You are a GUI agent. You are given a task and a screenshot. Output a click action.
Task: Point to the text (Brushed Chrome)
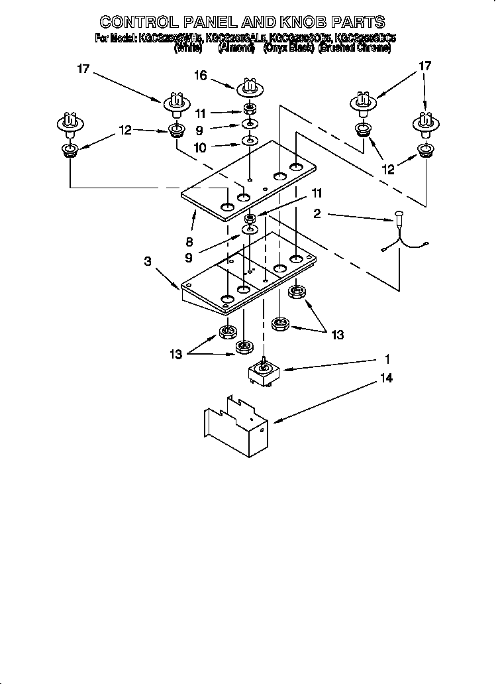tap(355, 48)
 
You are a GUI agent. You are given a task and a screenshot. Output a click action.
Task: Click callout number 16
tap(201, 76)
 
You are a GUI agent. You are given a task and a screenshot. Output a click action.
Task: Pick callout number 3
tap(148, 261)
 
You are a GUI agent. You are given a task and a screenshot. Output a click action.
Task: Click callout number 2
tap(317, 213)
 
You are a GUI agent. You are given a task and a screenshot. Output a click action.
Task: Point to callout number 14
tap(387, 378)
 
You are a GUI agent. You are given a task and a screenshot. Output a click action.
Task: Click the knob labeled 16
tap(250, 87)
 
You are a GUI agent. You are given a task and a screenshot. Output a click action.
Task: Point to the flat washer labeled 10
tap(250, 141)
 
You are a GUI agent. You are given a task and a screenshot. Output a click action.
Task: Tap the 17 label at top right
tap(426, 66)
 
